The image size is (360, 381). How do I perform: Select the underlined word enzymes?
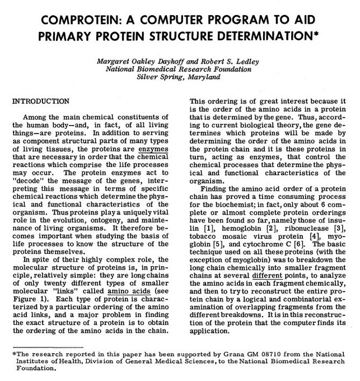[155, 151]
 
